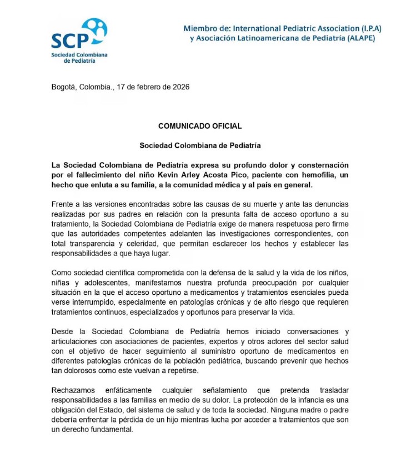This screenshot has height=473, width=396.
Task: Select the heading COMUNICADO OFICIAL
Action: (200, 126)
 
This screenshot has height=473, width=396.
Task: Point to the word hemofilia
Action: (317, 175)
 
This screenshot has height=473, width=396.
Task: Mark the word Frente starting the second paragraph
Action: (63, 204)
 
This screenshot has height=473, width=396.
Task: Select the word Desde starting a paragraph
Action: (62, 331)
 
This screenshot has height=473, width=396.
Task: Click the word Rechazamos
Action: (72, 390)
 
